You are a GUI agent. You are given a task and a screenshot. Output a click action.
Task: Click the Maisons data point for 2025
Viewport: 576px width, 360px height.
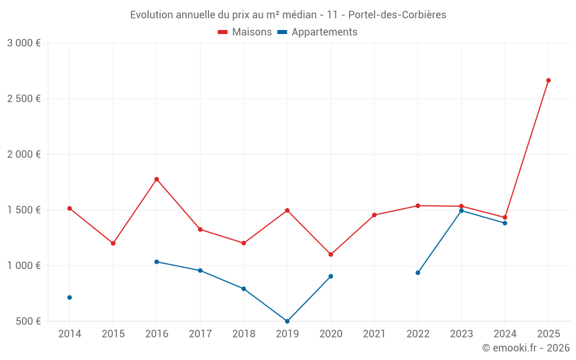click(x=548, y=80)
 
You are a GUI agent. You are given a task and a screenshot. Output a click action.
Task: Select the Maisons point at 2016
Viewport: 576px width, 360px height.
click(x=157, y=179)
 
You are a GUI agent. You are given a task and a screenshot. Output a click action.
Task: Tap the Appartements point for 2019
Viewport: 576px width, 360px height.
click(x=287, y=321)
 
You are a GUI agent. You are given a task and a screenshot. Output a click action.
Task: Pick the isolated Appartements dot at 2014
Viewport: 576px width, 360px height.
click(x=70, y=297)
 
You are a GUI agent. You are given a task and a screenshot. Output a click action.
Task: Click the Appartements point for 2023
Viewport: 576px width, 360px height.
click(x=461, y=211)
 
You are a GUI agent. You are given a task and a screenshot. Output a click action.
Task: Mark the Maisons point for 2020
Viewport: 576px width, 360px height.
click(x=331, y=254)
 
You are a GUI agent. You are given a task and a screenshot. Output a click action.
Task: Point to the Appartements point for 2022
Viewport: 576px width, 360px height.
click(x=418, y=272)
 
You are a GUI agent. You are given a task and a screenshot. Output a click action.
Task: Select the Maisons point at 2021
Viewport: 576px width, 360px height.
click(x=374, y=215)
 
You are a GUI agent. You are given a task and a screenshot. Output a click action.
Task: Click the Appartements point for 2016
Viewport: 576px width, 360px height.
click(x=157, y=262)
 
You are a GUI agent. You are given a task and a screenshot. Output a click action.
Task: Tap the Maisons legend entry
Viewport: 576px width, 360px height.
click(x=245, y=32)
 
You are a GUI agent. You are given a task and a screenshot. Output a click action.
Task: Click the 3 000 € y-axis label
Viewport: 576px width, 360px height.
click(x=24, y=43)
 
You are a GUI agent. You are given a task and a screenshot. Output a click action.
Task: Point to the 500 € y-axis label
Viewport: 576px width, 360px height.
click(x=28, y=321)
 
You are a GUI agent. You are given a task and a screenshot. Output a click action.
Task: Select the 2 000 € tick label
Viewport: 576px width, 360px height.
click(x=24, y=154)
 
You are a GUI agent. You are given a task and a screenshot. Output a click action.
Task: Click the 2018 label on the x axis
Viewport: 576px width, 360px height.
click(x=244, y=334)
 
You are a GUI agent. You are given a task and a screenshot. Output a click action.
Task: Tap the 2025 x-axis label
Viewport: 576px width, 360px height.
click(x=548, y=334)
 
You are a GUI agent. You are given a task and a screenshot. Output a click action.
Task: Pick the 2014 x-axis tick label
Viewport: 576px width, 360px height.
click(x=70, y=334)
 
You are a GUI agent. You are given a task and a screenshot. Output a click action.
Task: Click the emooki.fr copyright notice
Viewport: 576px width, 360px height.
click(x=525, y=348)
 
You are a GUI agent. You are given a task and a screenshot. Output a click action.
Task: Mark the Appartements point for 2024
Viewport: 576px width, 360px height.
click(x=505, y=223)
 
